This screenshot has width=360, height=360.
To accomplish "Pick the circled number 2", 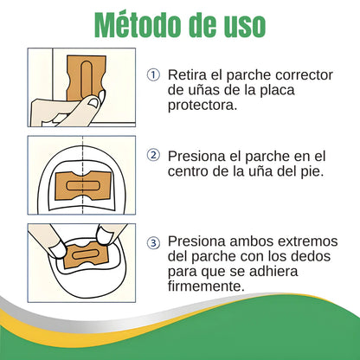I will [x=154, y=156].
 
